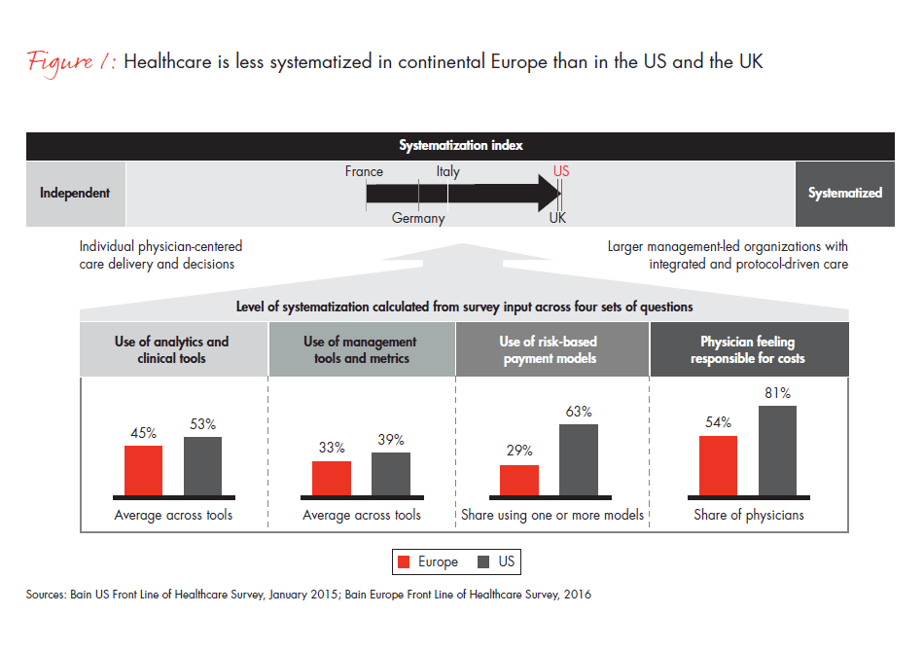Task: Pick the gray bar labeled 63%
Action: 579,463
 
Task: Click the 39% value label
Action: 391,440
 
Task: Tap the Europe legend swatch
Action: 405,562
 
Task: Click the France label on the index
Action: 364,172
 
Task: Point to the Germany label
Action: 418,218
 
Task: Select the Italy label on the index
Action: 448,172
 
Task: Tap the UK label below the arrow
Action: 557,218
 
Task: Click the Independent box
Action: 75,193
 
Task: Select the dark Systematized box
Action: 845,193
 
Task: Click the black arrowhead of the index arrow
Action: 545,193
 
